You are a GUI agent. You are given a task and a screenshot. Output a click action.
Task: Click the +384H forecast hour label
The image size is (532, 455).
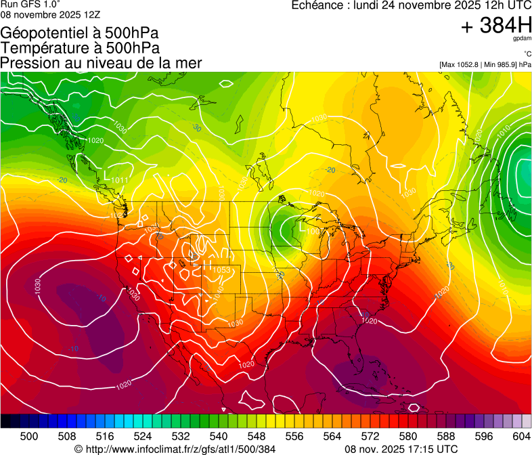coord(495,26)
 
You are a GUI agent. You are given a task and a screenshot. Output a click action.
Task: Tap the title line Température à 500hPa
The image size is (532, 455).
coord(80,48)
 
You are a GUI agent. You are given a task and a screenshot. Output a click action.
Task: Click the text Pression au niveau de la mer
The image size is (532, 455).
coord(101,63)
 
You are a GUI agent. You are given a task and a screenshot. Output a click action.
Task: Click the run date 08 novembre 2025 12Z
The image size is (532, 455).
coord(50,14)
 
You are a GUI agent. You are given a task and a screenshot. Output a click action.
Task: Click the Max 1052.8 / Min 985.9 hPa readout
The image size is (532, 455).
coord(484,64)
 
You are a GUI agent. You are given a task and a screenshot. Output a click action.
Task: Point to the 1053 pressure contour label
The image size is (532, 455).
coord(221,270)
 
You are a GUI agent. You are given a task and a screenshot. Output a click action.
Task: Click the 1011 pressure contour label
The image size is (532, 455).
coord(120,180)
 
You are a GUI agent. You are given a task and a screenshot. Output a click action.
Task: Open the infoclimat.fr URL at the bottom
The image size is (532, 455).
coord(180,449)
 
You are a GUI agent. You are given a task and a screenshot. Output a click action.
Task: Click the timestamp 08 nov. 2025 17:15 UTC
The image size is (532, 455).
coord(401,449)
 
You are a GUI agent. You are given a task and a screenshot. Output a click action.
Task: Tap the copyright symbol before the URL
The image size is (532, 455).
coord(79,449)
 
